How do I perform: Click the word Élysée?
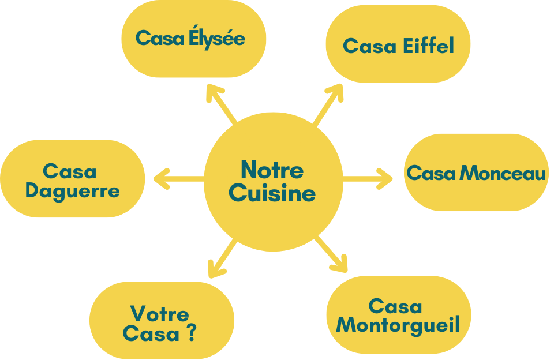click(217, 38)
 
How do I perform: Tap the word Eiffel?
click(427, 46)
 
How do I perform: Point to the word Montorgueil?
click(398, 325)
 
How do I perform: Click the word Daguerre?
click(72, 191)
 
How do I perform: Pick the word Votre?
click(160, 314)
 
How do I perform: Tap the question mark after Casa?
click(191, 333)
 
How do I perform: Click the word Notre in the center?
click(272, 170)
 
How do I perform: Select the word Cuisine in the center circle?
click(272, 193)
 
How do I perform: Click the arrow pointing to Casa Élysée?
click(222, 103)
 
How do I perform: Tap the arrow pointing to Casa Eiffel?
click(328, 103)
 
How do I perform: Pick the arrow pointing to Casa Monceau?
click(368, 178)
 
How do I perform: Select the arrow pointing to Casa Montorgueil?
click(332, 254)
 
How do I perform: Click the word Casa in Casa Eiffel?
click(368, 46)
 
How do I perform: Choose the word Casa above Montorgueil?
click(395, 306)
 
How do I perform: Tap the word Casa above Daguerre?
click(70, 171)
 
